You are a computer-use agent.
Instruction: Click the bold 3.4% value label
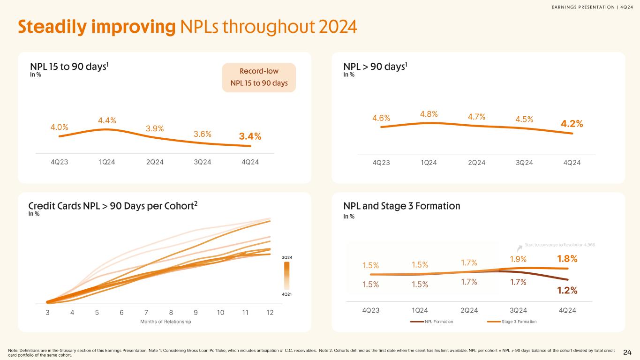(250, 136)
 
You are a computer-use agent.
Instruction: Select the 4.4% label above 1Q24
(107, 121)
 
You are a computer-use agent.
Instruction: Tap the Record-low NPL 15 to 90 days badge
(259, 77)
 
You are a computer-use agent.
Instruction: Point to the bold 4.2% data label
(572, 124)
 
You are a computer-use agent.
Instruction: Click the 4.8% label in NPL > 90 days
(429, 114)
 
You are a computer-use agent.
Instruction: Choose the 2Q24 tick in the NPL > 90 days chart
(476, 163)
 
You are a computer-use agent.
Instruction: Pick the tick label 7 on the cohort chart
(146, 313)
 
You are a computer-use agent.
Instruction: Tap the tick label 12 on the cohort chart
(270, 313)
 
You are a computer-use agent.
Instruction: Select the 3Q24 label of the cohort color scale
(287, 257)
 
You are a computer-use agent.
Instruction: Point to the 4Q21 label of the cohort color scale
(287, 294)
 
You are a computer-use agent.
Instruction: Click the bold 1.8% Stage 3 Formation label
(567, 259)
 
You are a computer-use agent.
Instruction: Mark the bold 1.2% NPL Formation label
(567, 291)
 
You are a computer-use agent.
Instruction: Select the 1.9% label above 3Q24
(518, 259)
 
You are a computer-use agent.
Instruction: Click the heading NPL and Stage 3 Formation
(402, 206)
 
